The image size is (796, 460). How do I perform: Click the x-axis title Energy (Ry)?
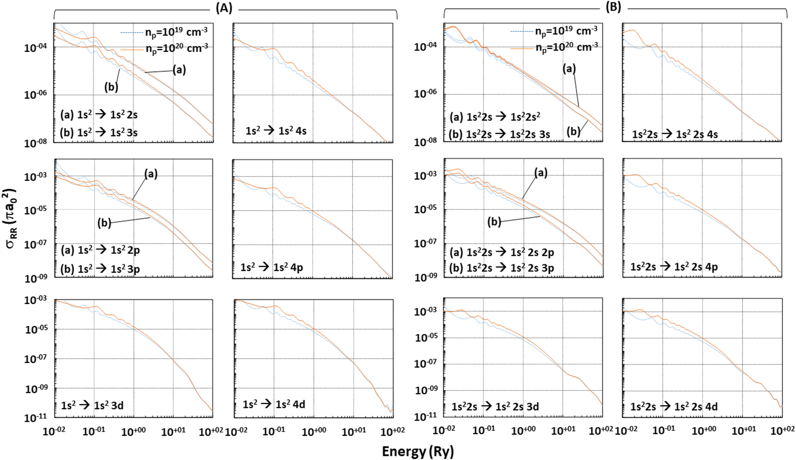point(418,451)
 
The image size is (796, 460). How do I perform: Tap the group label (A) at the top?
point(224,8)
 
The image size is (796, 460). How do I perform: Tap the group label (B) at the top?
point(613,7)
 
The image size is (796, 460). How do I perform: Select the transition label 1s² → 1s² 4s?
point(276,130)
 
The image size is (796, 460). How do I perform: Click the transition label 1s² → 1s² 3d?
point(92,405)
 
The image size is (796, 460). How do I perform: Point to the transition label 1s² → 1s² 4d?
point(274,404)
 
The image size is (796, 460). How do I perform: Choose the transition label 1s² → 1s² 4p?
point(272,267)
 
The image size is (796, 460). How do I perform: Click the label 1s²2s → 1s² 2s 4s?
point(675,134)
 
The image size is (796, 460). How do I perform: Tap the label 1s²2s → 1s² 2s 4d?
point(674,406)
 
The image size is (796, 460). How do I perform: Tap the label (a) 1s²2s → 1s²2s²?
point(495,117)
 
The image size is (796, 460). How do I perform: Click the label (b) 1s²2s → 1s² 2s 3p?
point(502,268)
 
